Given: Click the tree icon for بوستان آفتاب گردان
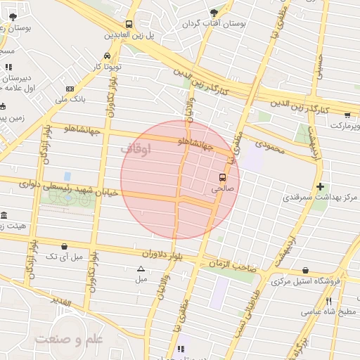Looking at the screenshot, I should point(214,13).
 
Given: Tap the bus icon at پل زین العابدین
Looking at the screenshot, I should point(129,23).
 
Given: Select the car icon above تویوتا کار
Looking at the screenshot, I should point(105,56).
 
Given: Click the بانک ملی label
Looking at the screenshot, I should point(91,99).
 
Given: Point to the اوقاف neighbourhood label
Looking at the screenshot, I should point(136,149).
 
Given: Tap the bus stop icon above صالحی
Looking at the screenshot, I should point(222,177).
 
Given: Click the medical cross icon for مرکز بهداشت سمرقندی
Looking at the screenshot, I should point(321,186).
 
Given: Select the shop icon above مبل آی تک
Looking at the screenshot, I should point(65,246).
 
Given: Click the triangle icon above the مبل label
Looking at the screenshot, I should point(141,269).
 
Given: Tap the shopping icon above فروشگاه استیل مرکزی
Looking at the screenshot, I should point(304,270).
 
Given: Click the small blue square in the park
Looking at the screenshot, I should point(67,176).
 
